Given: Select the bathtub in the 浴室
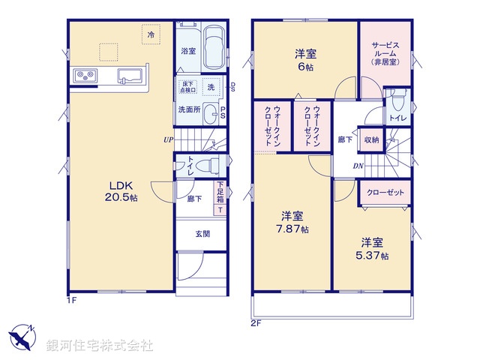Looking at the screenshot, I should pyautogui.click(x=214, y=47).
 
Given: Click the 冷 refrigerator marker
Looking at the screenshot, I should pyautogui.click(x=151, y=34).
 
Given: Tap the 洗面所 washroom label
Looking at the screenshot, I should pyautogui.click(x=188, y=109).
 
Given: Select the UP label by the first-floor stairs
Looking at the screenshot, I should pyautogui.click(x=169, y=139).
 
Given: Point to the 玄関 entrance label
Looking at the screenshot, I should pyautogui.click(x=202, y=233).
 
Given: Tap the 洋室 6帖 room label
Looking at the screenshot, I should pyautogui.click(x=304, y=59).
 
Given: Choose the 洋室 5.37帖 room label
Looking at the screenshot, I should pyautogui.click(x=373, y=248).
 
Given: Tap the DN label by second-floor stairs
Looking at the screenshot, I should pyautogui.click(x=358, y=166).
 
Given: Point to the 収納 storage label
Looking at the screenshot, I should pyautogui.click(x=371, y=139).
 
